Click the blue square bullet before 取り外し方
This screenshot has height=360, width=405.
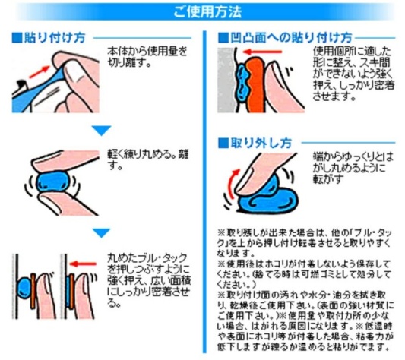[223, 142]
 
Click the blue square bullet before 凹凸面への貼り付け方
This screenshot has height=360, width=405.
[223, 37]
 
